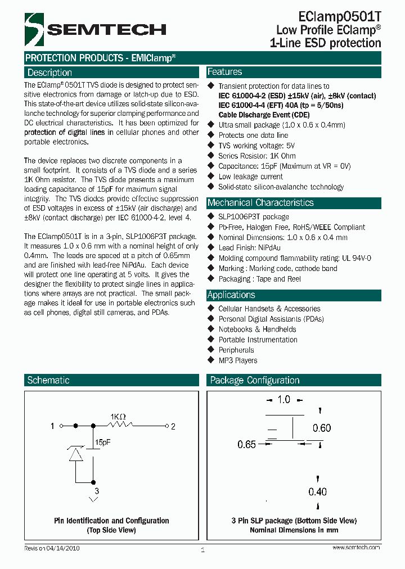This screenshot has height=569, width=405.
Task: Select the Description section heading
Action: [49, 73]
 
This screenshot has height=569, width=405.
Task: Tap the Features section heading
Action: [225, 72]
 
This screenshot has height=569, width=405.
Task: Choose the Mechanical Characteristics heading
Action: [260, 202]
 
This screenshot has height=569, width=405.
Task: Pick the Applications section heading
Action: [231, 295]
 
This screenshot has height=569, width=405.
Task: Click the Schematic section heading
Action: [48, 380]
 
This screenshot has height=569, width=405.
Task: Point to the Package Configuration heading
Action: [255, 380]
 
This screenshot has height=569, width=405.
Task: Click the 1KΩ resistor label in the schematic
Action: [118, 417]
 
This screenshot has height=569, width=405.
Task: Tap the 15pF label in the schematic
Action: [103, 442]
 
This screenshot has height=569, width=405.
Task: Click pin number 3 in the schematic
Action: [96, 491]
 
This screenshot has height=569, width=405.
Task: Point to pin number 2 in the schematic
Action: [173, 427]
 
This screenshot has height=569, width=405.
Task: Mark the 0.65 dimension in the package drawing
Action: [246, 444]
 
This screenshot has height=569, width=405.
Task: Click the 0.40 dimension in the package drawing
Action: [317, 492]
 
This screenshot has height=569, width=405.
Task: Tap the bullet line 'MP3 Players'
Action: [238, 360]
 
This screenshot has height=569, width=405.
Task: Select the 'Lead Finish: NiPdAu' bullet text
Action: [249, 247]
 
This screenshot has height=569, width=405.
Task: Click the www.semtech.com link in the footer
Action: [356, 547]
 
